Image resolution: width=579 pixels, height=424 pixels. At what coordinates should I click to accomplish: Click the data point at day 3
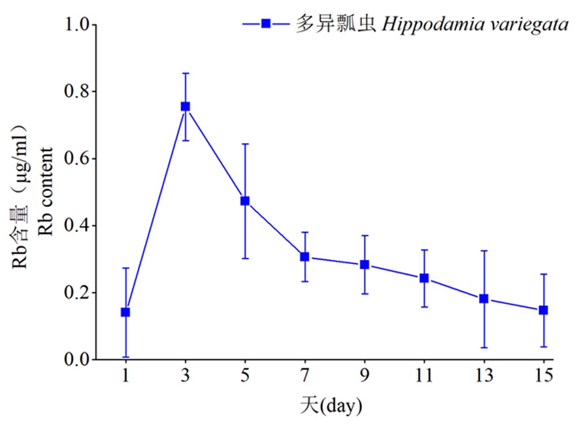pos(186,106)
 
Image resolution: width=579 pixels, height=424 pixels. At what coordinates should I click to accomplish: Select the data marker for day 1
pos(125,312)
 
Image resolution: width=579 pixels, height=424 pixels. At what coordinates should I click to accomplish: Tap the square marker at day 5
pos(245,201)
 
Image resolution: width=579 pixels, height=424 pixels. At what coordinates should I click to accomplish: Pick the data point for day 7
pos(305,257)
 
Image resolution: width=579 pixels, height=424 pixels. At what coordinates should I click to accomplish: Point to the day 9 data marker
pos(365,265)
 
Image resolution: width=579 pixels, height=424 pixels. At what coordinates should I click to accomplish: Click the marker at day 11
pos(424,278)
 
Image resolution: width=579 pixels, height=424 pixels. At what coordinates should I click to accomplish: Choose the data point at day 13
pos(484,299)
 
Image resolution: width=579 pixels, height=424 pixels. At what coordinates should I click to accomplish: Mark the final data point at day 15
pos(543,310)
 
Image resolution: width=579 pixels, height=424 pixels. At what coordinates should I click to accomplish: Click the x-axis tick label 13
pos(484,377)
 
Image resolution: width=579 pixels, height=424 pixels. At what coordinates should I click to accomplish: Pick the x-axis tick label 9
pos(365,377)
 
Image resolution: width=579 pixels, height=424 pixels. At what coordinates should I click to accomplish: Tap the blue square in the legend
pos(266,24)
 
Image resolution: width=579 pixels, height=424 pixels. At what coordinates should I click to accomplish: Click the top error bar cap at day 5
pos(245,144)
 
